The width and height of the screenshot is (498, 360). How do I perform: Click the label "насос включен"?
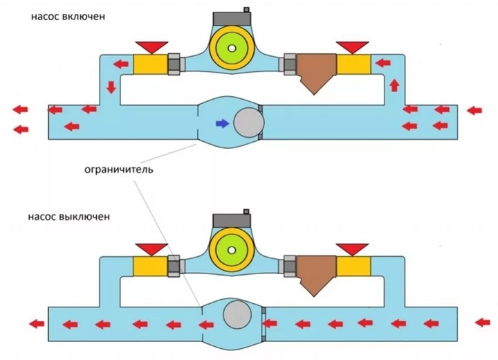coord(67,16)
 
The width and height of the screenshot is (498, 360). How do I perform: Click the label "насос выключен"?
coord(69,216)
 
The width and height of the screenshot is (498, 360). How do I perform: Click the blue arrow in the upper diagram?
coord(221,123)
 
